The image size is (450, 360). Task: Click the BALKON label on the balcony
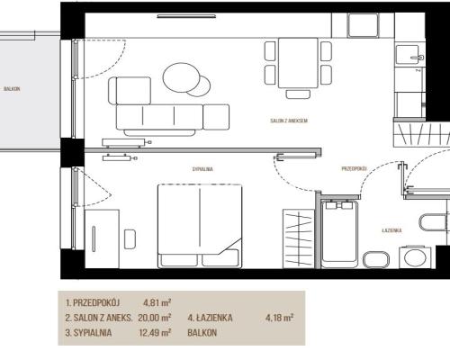[x=12, y=89]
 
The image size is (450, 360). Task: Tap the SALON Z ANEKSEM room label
[x=289, y=121]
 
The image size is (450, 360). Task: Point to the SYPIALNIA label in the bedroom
[x=202, y=169]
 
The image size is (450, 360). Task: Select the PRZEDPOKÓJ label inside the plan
[x=355, y=168]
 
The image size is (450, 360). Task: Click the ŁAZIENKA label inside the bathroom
[x=391, y=230]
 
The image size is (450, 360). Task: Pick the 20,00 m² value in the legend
[x=155, y=318]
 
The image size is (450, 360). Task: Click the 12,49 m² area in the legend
[x=155, y=332]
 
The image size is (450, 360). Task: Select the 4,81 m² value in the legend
[x=157, y=302]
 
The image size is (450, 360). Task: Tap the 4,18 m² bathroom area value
[x=279, y=318]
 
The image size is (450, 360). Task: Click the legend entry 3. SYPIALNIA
[x=88, y=333]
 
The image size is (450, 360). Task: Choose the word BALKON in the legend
[x=202, y=333]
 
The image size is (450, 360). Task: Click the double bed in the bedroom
[x=200, y=226]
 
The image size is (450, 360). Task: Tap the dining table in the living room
[x=298, y=63]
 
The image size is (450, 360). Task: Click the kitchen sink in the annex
[x=408, y=54]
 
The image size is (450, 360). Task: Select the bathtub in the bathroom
[x=339, y=234]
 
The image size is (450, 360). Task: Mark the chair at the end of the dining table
[x=298, y=94]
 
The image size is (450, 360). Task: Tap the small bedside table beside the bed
[x=130, y=239]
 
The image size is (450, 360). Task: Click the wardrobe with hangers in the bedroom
[x=298, y=238]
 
